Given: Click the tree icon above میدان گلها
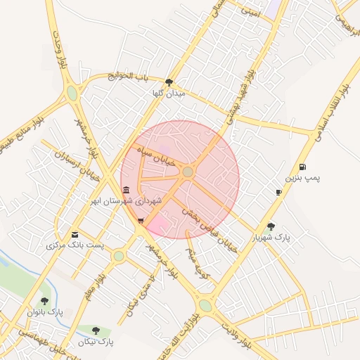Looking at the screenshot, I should click(169, 82).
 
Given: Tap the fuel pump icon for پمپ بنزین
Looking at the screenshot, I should click(302, 167).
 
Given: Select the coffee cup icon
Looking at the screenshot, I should click(279, 192).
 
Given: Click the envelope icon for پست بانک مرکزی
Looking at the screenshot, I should click(75, 234).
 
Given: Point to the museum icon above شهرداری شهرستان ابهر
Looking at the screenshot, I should click(126, 191).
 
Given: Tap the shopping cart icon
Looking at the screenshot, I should click(141, 221).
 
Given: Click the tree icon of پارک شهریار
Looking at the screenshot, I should click(271, 226).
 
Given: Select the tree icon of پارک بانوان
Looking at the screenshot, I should click(45, 301).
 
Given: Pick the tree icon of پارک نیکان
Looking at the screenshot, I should click(96, 330).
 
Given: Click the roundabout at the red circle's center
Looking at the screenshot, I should click(188, 172).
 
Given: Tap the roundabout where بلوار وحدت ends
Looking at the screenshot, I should click(72, 94).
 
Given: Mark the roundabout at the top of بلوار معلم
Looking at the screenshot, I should click(118, 256).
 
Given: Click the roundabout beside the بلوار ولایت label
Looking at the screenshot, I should click(205, 305).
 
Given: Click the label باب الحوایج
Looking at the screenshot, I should click(129, 75).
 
